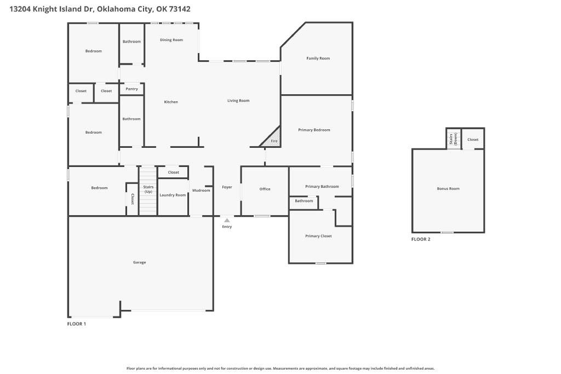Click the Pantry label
click(x=131, y=89)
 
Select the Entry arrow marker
click(x=227, y=220)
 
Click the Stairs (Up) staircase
click(x=148, y=191)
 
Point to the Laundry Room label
click(x=173, y=195)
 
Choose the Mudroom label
click(x=201, y=191)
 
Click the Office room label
click(x=265, y=189)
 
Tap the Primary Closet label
click(x=318, y=236)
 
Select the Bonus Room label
click(x=448, y=189)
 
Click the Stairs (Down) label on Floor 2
click(x=453, y=139)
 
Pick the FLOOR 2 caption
click(x=421, y=239)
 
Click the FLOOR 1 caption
click(x=77, y=324)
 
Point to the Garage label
click(x=140, y=262)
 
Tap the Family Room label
click(x=318, y=58)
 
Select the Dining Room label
click(x=171, y=40)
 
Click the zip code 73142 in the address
click(x=180, y=9)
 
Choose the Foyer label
click(x=227, y=187)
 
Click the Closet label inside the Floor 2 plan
click(x=473, y=140)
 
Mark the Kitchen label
click(x=171, y=102)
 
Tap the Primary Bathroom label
click(x=322, y=187)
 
